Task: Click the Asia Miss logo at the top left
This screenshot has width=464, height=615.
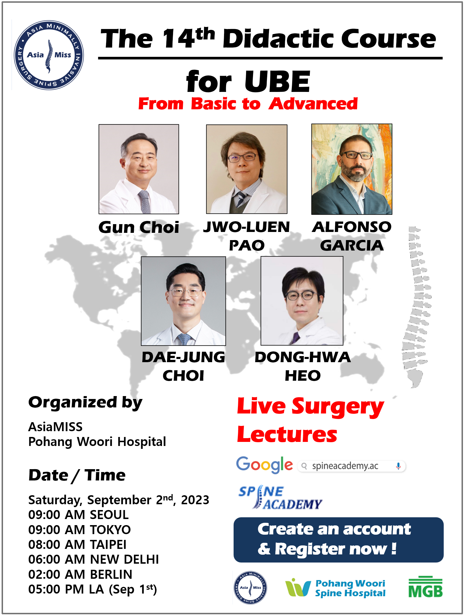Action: pyautogui.click(x=49, y=55)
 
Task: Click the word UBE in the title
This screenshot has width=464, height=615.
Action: pyautogui.click(x=277, y=81)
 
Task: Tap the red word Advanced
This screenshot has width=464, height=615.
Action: pyautogui.click(x=313, y=104)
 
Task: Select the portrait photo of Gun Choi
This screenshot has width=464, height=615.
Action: pyautogui.click(x=139, y=169)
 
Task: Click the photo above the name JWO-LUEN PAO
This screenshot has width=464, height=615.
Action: pyautogui.click(x=247, y=169)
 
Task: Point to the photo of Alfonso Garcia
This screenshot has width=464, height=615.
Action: pyautogui.click(x=352, y=169)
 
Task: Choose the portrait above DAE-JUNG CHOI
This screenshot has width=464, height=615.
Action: pyautogui.click(x=183, y=301)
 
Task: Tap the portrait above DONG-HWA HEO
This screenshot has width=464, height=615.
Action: pyautogui.click(x=302, y=301)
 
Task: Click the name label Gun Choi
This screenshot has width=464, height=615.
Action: pyautogui.click(x=139, y=227)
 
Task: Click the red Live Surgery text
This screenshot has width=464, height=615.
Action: pyautogui.click(x=310, y=407)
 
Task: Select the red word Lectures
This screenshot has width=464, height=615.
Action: pyautogui.click(x=287, y=434)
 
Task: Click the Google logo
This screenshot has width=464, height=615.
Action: pyautogui.click(x=264, y=465)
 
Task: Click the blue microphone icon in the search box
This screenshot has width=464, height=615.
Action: pyautogui.click(x=399, y=466)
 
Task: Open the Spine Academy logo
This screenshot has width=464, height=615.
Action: pyautogui.click(x=280, y=497)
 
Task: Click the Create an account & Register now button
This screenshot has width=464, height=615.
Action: pyautogui.click(x=339, y=540)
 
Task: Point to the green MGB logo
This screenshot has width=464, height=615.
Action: pyautogui.click(x=425, y=587)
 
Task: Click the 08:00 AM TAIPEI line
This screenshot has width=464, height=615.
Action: pyautogui.click(x=77, y=545)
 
